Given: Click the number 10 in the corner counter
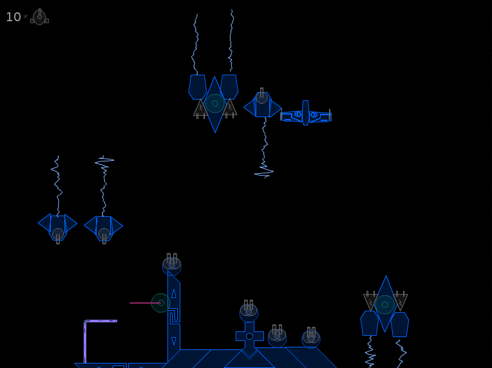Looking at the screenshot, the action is tap(13, 17).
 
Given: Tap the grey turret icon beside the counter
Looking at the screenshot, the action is tap(39, 17).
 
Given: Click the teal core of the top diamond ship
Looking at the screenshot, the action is tap(215, 104).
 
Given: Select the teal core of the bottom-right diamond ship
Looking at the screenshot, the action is tap(385, 304).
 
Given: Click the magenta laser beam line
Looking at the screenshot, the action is tap(145, 303).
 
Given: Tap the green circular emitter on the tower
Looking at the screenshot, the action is tap(160, 303).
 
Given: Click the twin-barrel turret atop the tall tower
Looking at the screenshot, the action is tap(172, 264).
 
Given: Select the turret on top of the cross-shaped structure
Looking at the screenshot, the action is tap(249, 311).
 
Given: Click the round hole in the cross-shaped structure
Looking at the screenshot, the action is tap(249, 336).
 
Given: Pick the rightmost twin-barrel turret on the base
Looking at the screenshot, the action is tap(311, 337).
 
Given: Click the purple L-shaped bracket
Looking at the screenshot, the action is tap(85, 342).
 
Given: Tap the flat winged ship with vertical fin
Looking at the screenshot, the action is tap(306, 113).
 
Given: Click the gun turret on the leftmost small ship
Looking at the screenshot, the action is tap(58, 235).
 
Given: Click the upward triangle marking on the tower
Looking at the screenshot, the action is tap(173, 294).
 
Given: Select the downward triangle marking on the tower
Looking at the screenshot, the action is tap(173, 341).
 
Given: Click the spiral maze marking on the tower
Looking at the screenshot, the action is tap(174, 316).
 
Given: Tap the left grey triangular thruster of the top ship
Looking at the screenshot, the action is tap(200, 109).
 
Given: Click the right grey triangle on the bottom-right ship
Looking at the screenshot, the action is tap(400, 300).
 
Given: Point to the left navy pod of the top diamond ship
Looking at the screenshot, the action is tap(197, 87).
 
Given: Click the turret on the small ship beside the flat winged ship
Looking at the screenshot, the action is tap(261, 97).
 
